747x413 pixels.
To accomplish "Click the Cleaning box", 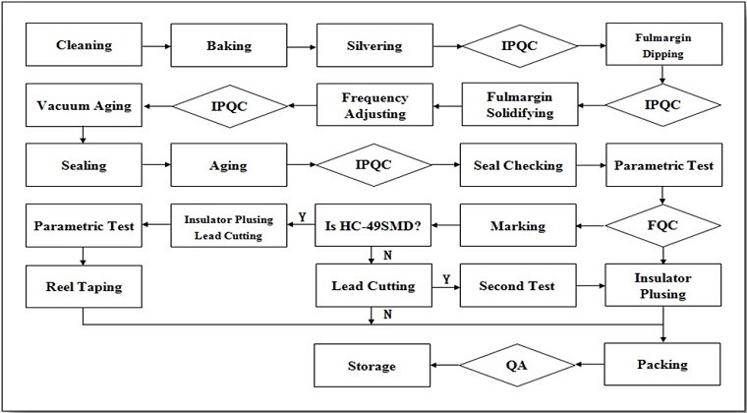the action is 84,45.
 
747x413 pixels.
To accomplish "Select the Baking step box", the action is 229,45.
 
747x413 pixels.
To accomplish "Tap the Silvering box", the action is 374,45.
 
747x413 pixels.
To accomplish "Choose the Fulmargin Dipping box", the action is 663,44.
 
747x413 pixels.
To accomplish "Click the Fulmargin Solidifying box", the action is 520,104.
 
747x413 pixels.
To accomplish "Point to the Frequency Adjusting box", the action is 374,106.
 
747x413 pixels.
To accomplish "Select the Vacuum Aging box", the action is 84,105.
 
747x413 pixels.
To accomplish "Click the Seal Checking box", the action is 518,165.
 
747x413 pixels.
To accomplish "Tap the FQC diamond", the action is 663,226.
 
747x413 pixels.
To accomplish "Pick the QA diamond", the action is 518,365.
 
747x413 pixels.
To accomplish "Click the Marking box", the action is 518,225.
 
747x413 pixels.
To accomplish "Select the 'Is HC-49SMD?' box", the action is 373,225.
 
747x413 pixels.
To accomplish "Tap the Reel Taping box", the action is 84,286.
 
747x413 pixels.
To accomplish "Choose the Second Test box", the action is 518,286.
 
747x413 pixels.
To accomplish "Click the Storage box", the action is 373,366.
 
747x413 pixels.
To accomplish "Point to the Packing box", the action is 662,365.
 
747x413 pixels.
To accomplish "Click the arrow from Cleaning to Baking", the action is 155,46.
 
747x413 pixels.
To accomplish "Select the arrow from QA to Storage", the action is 445,366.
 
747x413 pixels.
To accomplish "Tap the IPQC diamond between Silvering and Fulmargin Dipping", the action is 520,46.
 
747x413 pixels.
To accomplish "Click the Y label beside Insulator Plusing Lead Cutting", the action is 302,217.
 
